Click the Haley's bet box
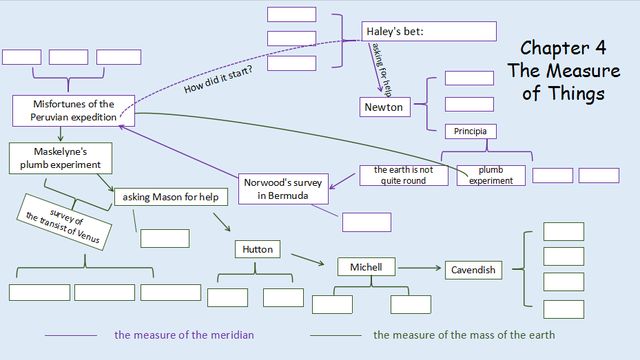click(x=429, y=31)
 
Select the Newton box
click(x=385, y=107)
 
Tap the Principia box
click(x=471, y=131)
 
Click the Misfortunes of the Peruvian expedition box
click(x=73, y=111)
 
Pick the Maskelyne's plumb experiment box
click(x=61, y=158)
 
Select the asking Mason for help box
click(x=171, y=197)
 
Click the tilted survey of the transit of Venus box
click(x=64, y=222)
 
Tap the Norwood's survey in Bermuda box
click(x=283, y=189)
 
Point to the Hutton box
click(x=258, y=249)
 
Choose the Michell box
click(x=366, y=267)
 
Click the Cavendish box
click(x=473, y=270)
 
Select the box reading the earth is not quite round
click(x=404, y=175)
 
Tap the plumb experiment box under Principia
click(x=491, y=175)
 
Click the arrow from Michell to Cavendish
click(x=420, y=268)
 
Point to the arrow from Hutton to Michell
click(x=308, y=260)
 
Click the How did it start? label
click(x=218, y=79)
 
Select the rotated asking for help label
click(x=381, y=69)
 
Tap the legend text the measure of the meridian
click(x=184, y=335)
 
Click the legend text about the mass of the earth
click(x=464, y=335)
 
